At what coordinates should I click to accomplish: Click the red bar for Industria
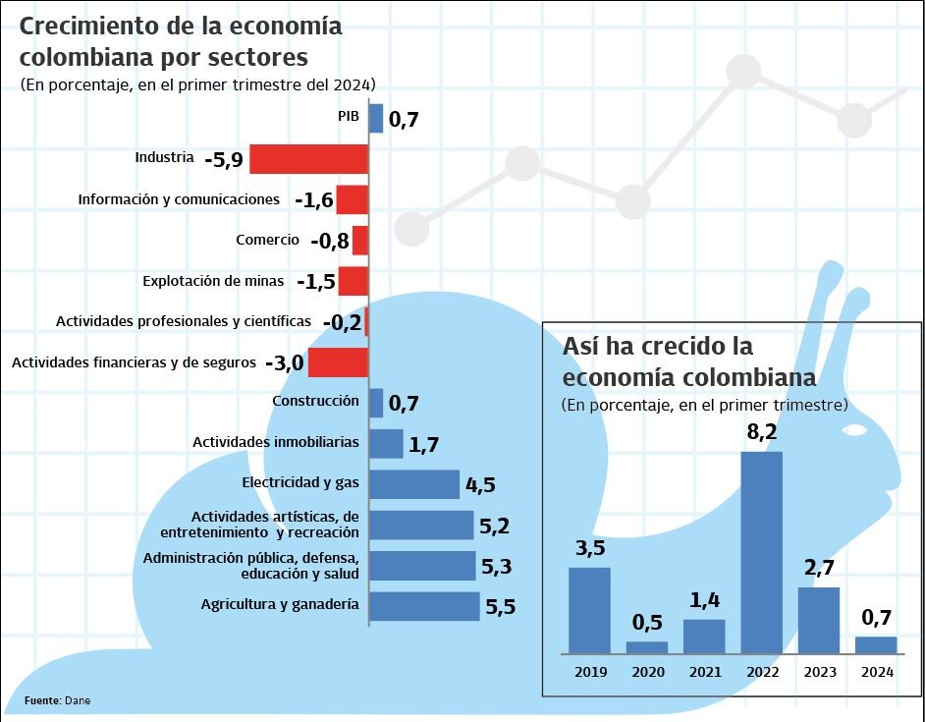pos(308,158)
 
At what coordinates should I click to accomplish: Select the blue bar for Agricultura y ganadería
pos(424,606)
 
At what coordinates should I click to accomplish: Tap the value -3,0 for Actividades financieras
pos(284,362)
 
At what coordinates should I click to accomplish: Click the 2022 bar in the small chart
pos(761,552)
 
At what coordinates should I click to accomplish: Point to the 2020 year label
pos(647,672)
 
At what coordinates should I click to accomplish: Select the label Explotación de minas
pos(213,281)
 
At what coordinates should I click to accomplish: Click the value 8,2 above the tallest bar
pos(761,432)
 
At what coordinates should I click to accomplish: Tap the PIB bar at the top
pos(376,119)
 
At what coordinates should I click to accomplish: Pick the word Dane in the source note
pos(78,700)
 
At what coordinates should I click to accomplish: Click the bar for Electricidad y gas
pos(414,483)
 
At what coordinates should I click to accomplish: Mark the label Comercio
pos(267,240)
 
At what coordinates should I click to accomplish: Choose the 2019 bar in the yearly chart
pos(589,610)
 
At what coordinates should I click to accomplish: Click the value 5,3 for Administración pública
pos(496,567)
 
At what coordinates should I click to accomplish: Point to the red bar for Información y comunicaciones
pos(352,199)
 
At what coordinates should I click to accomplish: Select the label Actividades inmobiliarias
pos(276,442)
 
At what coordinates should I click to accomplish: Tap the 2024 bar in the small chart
pos(876,644)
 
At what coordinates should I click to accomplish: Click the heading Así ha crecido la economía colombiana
pos(688,361)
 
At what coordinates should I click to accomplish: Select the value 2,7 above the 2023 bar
pos(819,569)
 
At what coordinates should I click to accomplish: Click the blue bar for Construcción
pos(376,402)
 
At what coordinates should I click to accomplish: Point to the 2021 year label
pos(704,672)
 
